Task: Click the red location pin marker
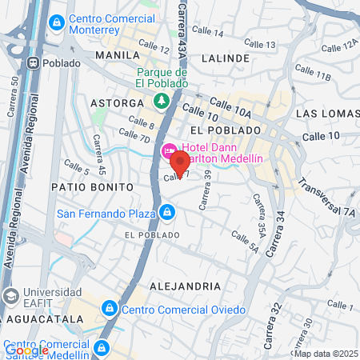tap(180, 166)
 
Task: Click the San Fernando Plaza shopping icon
tap(167, 213)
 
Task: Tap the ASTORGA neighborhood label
tap(117, 104)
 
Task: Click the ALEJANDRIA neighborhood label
tap(184, 286)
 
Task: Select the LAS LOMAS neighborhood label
tap(325, 114)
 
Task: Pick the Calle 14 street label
tap(209, 32)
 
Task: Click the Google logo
tap(26, 350)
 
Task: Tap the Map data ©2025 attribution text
tap(326, 353)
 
